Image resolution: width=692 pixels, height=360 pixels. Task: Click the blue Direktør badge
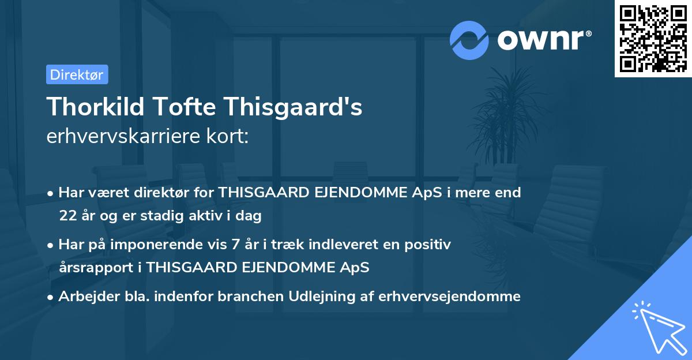pyautogui.click(x=77, y=74)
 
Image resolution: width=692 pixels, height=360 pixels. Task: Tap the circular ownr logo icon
pyautogui.click(x=469, y=40)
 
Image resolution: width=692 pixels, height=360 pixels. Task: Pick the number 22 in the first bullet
pyautogui.click(x=67, y=216)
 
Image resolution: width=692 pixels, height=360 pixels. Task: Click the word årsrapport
pyautogui.click(x=96, y=268)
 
